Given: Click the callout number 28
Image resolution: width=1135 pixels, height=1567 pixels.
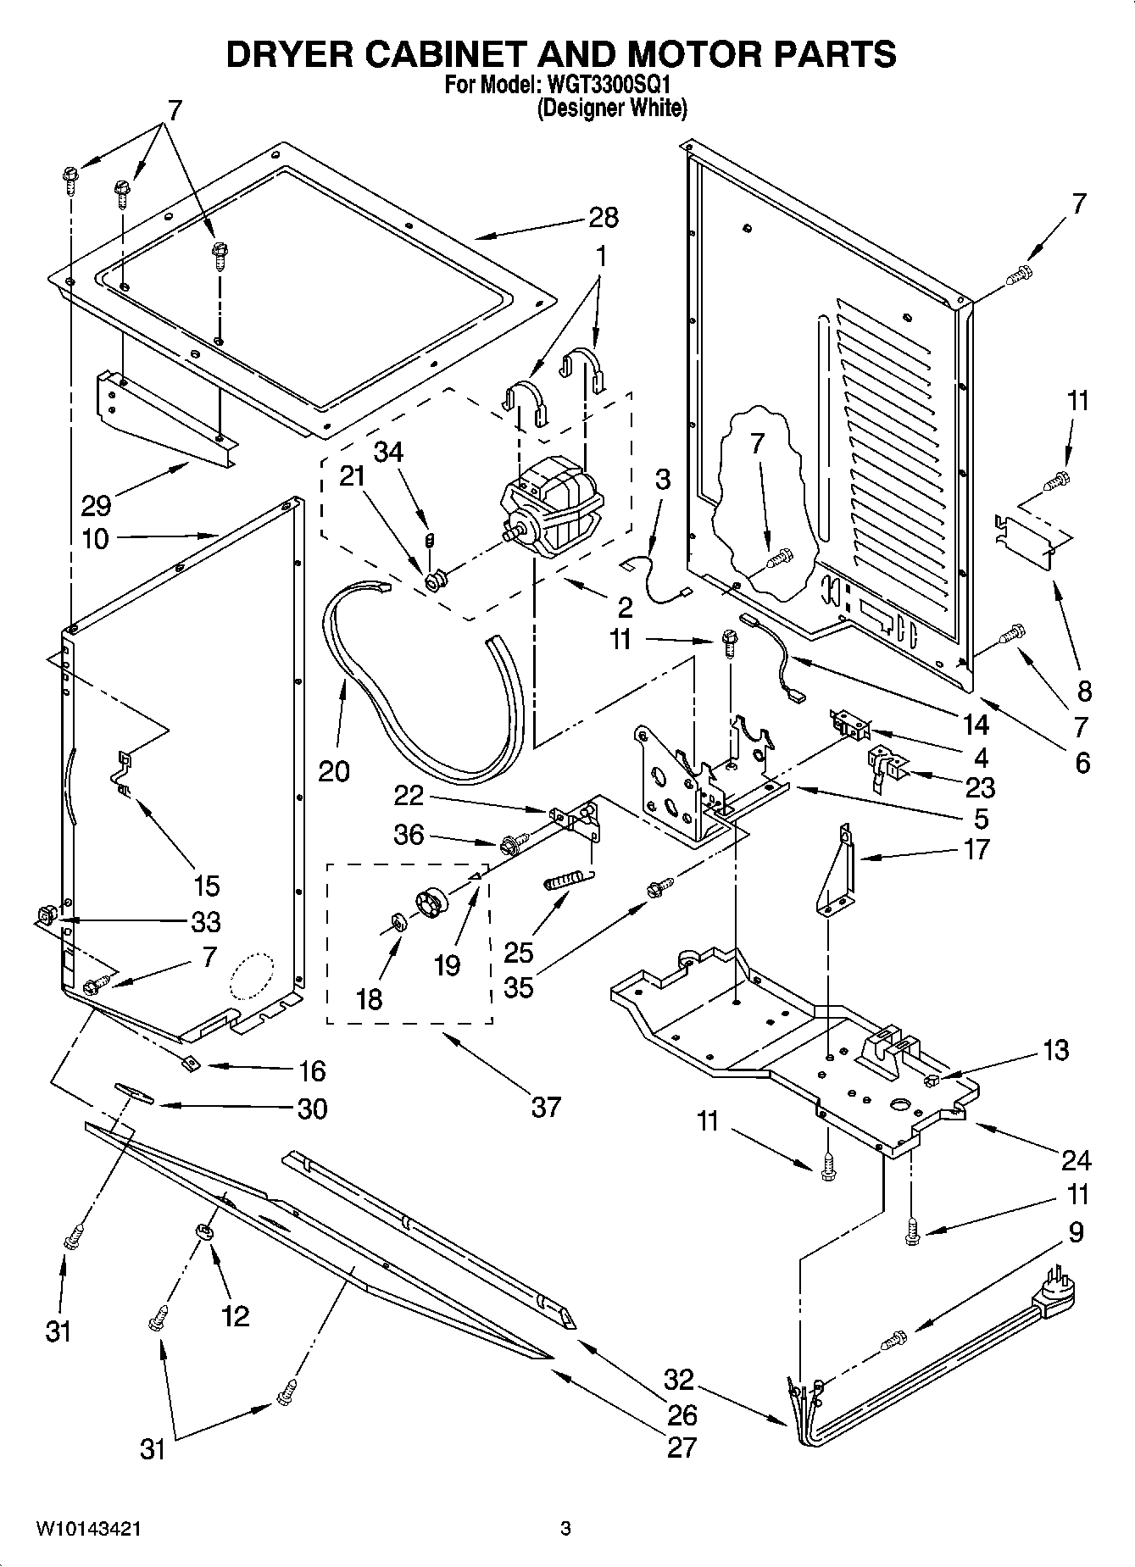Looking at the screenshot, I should click(604, 218).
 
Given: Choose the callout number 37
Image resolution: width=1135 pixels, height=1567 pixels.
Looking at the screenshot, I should click(546, 1107).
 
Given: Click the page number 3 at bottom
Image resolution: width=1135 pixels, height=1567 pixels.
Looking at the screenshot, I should click(566, 1530).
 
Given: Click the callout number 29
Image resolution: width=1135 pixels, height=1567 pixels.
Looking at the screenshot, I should click(96, 506).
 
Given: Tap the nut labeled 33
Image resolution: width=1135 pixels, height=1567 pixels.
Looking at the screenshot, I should click(46, 914).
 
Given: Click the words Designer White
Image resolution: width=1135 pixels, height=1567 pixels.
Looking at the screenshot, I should click(611, 108).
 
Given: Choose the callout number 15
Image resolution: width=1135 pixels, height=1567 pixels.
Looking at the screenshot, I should click(206, 886).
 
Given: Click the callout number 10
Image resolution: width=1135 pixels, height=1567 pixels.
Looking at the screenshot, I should click(96, 538).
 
